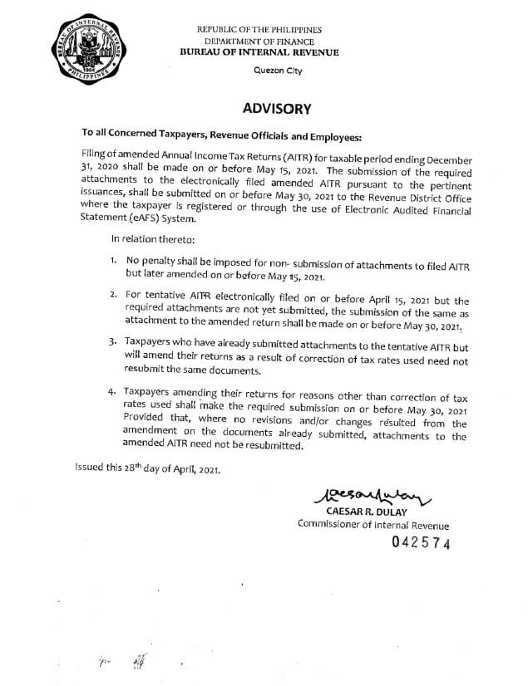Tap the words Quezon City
[278, 70]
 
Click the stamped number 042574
[421, 544]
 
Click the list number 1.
[113, 261]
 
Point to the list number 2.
[113, 295]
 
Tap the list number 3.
[113, 341]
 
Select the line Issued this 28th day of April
[146, 469]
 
